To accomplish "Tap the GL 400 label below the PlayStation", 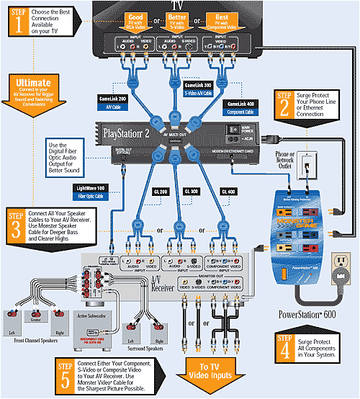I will click(x=228, y=192).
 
